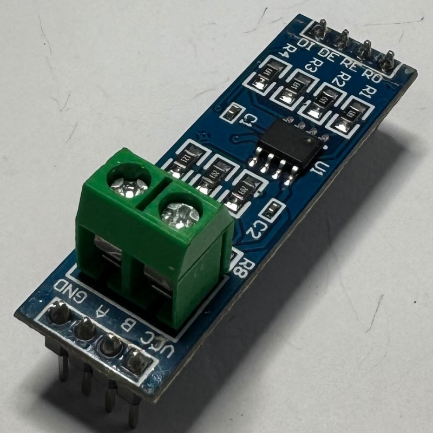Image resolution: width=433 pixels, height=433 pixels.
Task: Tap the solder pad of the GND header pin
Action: (x=58, y=312)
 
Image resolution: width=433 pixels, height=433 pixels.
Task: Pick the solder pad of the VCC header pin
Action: (x=135, y=357)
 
